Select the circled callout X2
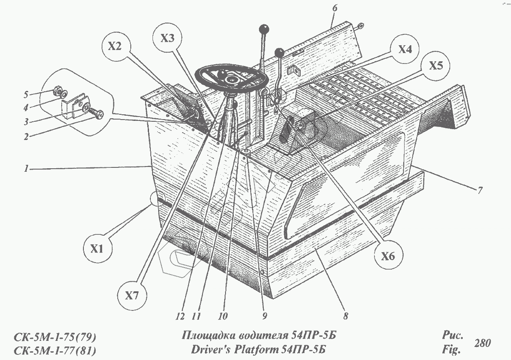click(x=114, y=47)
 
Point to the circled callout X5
click(x=436, y=66)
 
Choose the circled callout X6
click(x=388, y=257)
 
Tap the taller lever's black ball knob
click(x=263, y=30)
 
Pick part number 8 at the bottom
click(x=345, y=317)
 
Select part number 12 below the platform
click(x=181, y=317)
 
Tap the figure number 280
click(x=483, y=343)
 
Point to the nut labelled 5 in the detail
click(x=56, y=92)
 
